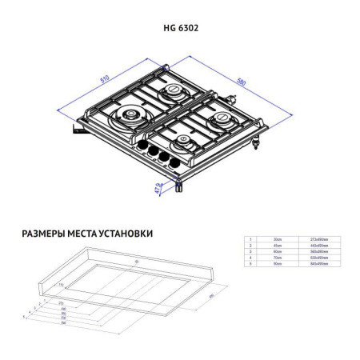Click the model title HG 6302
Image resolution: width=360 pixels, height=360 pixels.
[181, 27]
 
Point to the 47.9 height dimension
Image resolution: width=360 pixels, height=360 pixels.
[158, 190]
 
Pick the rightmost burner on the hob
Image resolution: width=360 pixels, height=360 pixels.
[222, 122]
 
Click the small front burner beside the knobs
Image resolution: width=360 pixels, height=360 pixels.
[184, 145]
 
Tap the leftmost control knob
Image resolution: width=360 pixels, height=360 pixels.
[146, 148]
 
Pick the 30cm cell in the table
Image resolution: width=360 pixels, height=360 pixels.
[278, 239]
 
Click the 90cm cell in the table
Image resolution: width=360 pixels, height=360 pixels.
[278, 263]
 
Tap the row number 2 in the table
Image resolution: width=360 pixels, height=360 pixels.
[250, 246]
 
